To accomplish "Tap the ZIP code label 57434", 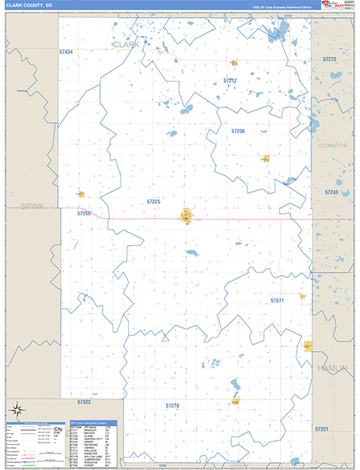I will point(66,52).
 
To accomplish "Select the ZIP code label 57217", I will point(229,81).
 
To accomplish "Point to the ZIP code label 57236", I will point(238,131).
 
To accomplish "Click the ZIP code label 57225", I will point(153,201).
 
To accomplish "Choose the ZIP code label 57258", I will point(84,213).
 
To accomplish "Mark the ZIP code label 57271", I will point(277,300).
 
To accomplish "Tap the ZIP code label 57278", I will point(173,406).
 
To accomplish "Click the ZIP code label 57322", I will point(85,401).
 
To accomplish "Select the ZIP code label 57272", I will point(329,59).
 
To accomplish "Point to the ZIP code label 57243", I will point(331,192).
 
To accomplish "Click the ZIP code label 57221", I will point(322,429).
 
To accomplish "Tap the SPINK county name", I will point(32,206).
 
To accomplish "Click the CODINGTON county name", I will point(333,145).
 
